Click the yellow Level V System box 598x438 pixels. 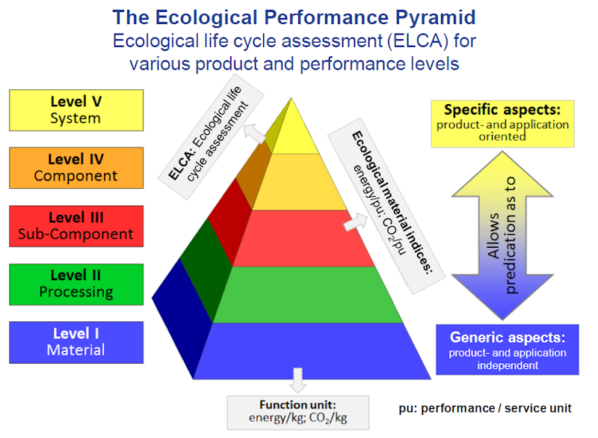75,109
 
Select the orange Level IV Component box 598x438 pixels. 75,168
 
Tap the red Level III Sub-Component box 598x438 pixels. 75,225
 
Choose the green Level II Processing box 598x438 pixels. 75,284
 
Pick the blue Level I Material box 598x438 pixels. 75,342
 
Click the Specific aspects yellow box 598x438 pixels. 502,123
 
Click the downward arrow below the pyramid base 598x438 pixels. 298,380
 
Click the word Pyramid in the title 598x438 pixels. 431,16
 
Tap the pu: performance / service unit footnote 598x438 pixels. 485,408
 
